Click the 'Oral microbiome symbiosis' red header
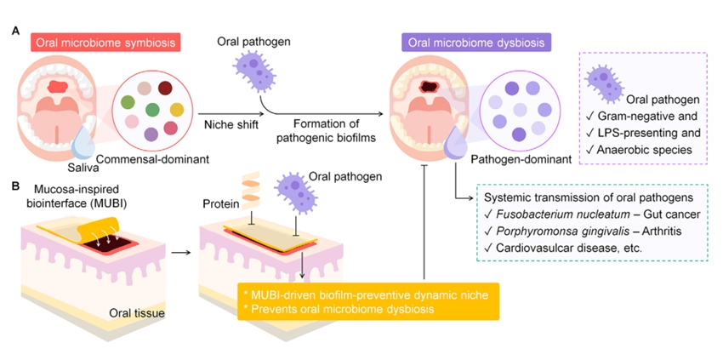point(105,43)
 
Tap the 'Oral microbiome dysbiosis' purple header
point(477,43)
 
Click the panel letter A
point(15,31)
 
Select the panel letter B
point(15,186)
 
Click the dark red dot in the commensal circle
point(165,88)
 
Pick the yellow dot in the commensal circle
point(177,110)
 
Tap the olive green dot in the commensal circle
point(128,102)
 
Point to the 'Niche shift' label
point(231,124)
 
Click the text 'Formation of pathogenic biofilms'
point(324,132)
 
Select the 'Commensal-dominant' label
point(152,160)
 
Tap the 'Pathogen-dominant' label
point(521,160)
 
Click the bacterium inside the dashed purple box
point(605,83)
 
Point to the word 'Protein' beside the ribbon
point(219,203)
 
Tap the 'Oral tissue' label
point(137,314)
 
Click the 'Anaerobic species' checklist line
point(639,150)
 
